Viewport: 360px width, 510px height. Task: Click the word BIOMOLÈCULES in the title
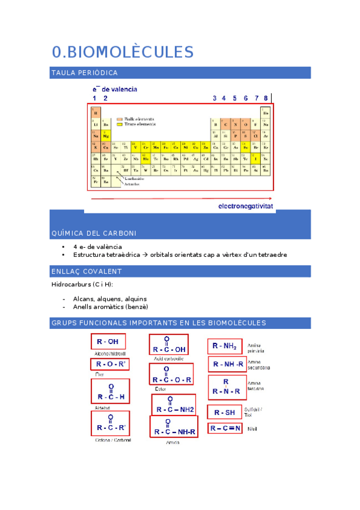pyautogui.click(x=130, y=52)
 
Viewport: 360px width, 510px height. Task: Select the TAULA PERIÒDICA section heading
pyautogui.click(x=84, y=73)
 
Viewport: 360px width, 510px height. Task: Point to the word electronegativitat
pyautogui.click(x=245, y=206)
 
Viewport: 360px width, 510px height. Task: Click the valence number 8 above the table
pyautogui.click(x=265, y=98)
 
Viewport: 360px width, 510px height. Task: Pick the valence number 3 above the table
pyautogui.click(x=215, y=98)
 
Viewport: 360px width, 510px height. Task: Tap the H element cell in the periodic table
pyautogui.click(x=95, y=112)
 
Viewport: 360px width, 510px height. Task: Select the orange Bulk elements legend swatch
pyautogui.click(x=120, y=118)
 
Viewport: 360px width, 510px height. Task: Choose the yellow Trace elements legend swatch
pyautogui.click(x=120, y=124)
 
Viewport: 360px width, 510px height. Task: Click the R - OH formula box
pyautogui.click(x=108, y=342)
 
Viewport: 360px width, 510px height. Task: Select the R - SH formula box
pyautogui.click(x=224, y=412)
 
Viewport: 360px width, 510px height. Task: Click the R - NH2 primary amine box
pyautogui.click(x=225, y=346)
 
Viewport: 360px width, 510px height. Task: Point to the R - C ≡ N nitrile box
pyautogui.click(x=225, y=428)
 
